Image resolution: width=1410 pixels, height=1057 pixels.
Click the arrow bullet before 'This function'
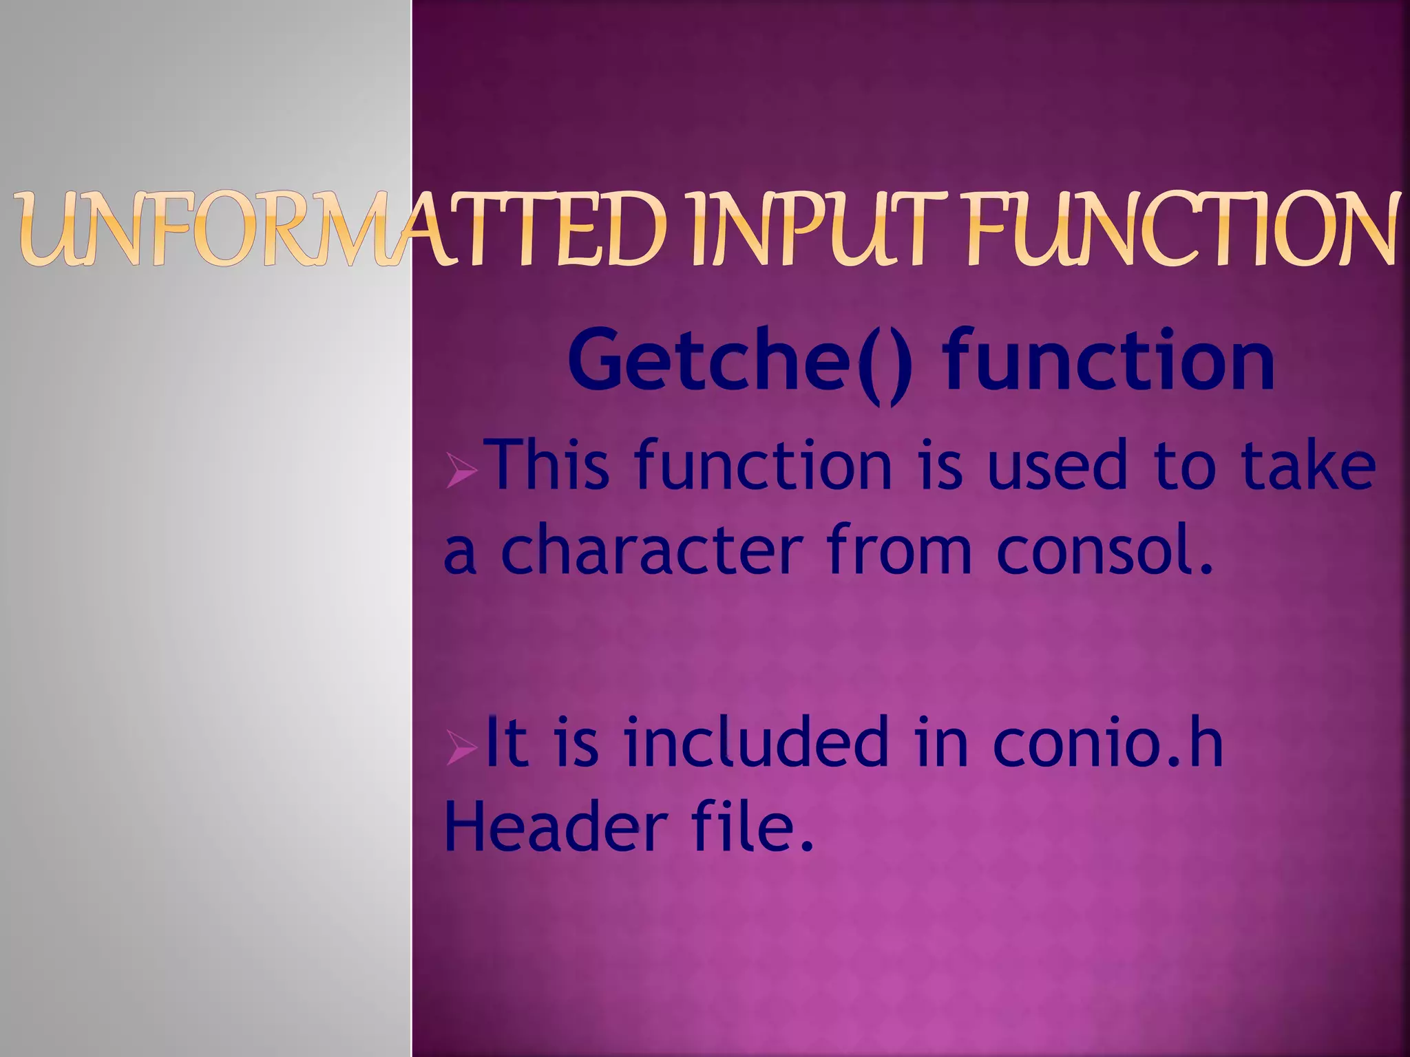461,474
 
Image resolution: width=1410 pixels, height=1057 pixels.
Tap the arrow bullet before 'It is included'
461,749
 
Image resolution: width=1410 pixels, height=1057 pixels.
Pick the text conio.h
1108,741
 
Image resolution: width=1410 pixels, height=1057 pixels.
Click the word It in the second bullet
507,741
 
